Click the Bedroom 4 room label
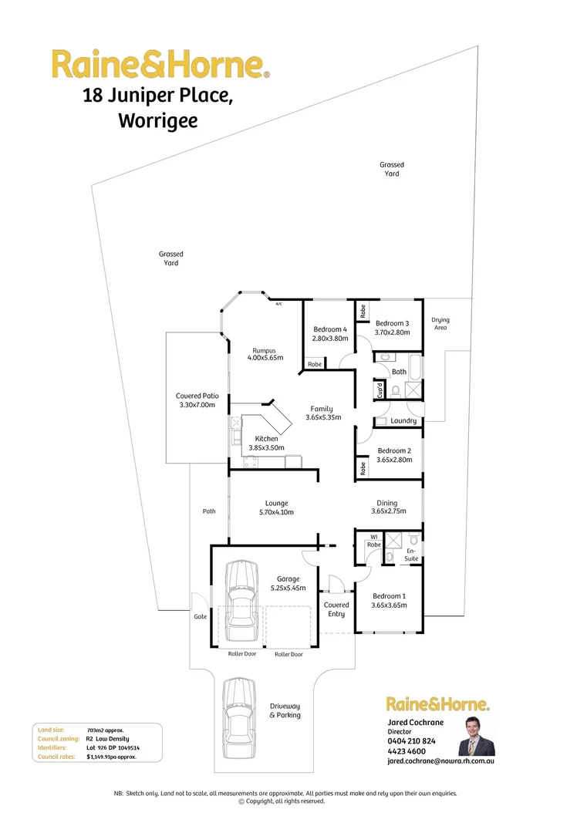pos(330,329)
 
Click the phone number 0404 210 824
pos(411,741)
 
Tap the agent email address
pos(440,760)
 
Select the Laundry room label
pos(403,421)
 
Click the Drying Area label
pos(440,324)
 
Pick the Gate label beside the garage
pos(199,617)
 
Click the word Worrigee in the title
pos(157,121)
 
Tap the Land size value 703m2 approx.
pos(105,730)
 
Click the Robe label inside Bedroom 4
pos(315,364)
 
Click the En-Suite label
pos(412,555)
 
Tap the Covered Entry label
pos(336,609)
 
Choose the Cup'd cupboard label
pos(380,392)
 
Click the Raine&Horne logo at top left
pos(160,65)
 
